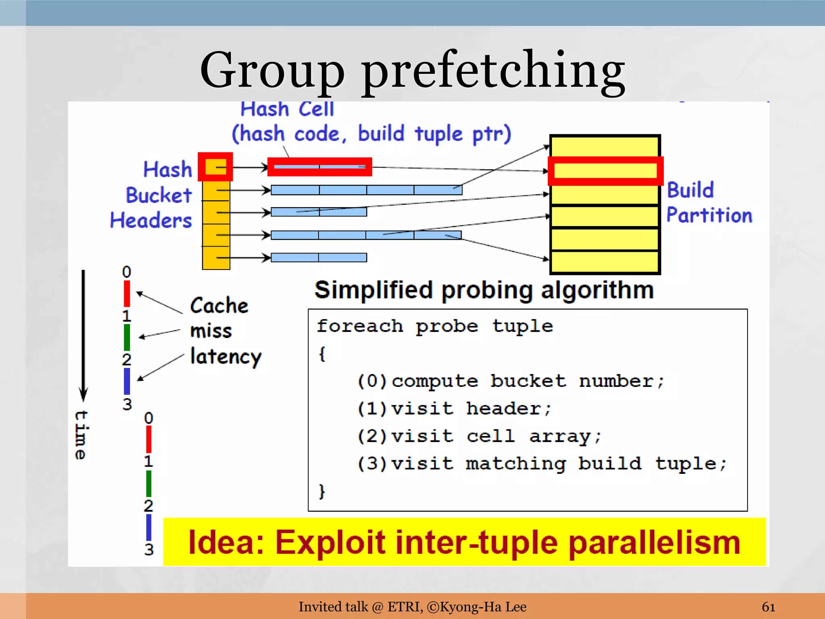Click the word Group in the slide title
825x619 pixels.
[272, 71]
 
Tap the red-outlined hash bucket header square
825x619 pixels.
[216, 166]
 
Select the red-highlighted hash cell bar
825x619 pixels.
[319, 166]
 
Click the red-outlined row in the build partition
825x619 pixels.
[605, 171]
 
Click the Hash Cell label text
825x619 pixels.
[287, 109]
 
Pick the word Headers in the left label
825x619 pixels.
[151, 220]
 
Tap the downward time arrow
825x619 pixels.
[83, 334]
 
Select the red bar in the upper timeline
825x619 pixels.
[127, 293]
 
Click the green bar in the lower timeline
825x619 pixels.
[149, 483]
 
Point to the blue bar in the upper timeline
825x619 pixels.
[127, 381]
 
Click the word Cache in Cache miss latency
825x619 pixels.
[219, 305]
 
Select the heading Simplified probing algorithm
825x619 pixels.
[484, 290]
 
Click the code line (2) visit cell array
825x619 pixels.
[479, 436]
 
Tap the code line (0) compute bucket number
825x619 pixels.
[510, 381]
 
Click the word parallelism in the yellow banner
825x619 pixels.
[655, 542]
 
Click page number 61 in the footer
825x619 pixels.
[768, 607]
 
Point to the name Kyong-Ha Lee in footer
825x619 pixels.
[483, 607]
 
